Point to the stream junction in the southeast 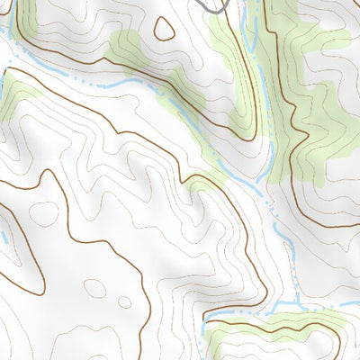[x=270, y=312]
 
